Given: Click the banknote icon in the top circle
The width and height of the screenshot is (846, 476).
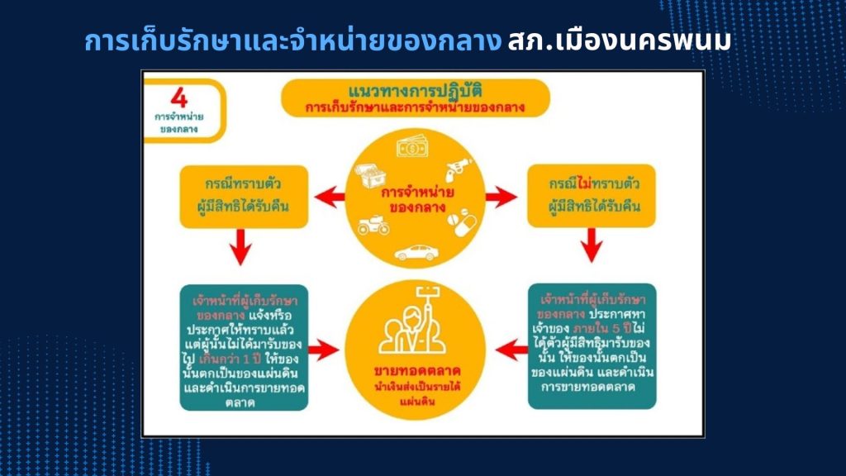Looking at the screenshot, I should [411, 149].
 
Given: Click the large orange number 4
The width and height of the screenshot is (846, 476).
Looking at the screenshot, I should [178, 97].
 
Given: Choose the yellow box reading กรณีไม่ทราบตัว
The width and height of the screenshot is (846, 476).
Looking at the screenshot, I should [591, 197].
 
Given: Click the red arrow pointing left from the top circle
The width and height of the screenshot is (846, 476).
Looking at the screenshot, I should [325, 198].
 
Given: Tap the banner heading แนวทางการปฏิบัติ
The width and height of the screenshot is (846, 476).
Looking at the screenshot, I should [415, 88].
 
